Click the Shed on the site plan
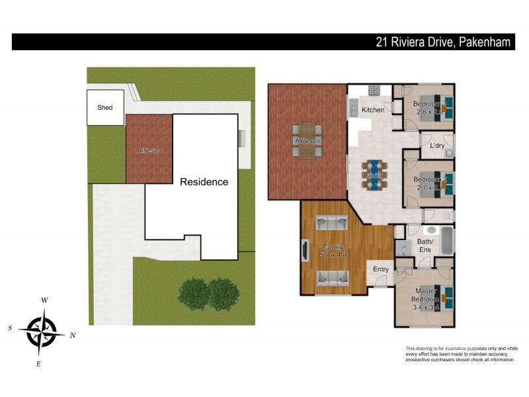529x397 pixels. pyautogui.click(x=105, y=107)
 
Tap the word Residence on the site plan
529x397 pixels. pyautogui.click(x=204, y=182)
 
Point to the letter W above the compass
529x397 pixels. pyautogui.click(x=44, y=300)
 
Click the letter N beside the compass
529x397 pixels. pyautogui.click(x=73, y=335)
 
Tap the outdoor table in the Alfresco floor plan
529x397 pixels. pyautogui.click(x=307, y=141)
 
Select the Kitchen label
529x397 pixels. pyautogui.click(x=373, y=110)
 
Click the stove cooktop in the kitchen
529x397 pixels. pyautogui.click(x=374, y=91)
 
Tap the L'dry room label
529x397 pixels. pyautogui.click(x=436, y=146)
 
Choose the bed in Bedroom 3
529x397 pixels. pyautogui.click(x=442, y=107)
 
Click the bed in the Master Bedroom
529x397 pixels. pyautogui.click(x=442, y=298)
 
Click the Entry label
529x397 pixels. pyautogui.click(x=381, y=269)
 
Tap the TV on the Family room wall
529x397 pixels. pyautogui.click(x=304, y=252)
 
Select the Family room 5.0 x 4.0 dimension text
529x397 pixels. pyautogui.click(x=333, y=255)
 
